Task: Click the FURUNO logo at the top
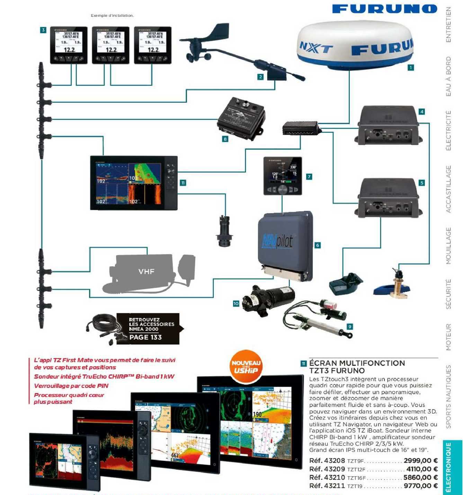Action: click(x=384, y=9)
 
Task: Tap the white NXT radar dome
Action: click(x=355, y=47)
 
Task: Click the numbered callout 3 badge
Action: click(x=43, y=30)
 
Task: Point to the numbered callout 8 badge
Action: click(x=225, y=139)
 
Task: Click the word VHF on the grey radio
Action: click(x=146, y=271)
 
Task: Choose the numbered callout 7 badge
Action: click(x=309, y=177)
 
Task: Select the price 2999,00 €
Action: click(x=420, y=461)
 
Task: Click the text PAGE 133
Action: click(x=145, y=337)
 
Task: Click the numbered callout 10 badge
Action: click(x=236, y=304)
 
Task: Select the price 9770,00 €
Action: click(x=420, y=486)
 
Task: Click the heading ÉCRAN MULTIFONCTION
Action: click(x=357, y=363)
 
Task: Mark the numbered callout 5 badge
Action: click(x=421, y=183)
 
